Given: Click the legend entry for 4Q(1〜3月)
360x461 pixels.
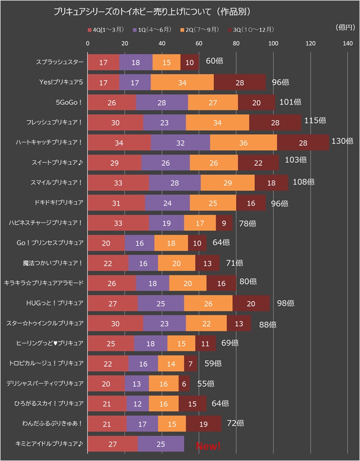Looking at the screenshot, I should [106, 30].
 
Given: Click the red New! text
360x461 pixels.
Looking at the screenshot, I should [208, 446].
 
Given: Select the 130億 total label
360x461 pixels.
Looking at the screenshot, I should [343, 141].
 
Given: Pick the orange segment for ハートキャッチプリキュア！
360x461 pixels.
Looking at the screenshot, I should [244, 142].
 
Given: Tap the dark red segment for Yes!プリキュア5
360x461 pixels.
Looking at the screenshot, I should [240, 82].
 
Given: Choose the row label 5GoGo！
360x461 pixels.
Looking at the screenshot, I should [70, 102].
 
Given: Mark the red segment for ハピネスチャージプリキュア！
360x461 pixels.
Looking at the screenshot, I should [118, 223].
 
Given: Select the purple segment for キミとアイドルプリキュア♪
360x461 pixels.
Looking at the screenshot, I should [161, 444].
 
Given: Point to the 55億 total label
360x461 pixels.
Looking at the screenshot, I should [205, 384].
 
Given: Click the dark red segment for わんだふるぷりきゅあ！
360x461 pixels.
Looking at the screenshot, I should [203, 424].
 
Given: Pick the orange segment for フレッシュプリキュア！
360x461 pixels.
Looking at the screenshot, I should [217, 123].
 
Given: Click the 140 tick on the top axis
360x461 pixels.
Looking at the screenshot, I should [348, 44].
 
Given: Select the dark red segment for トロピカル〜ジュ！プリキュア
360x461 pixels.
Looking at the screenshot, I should [191, 364].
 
